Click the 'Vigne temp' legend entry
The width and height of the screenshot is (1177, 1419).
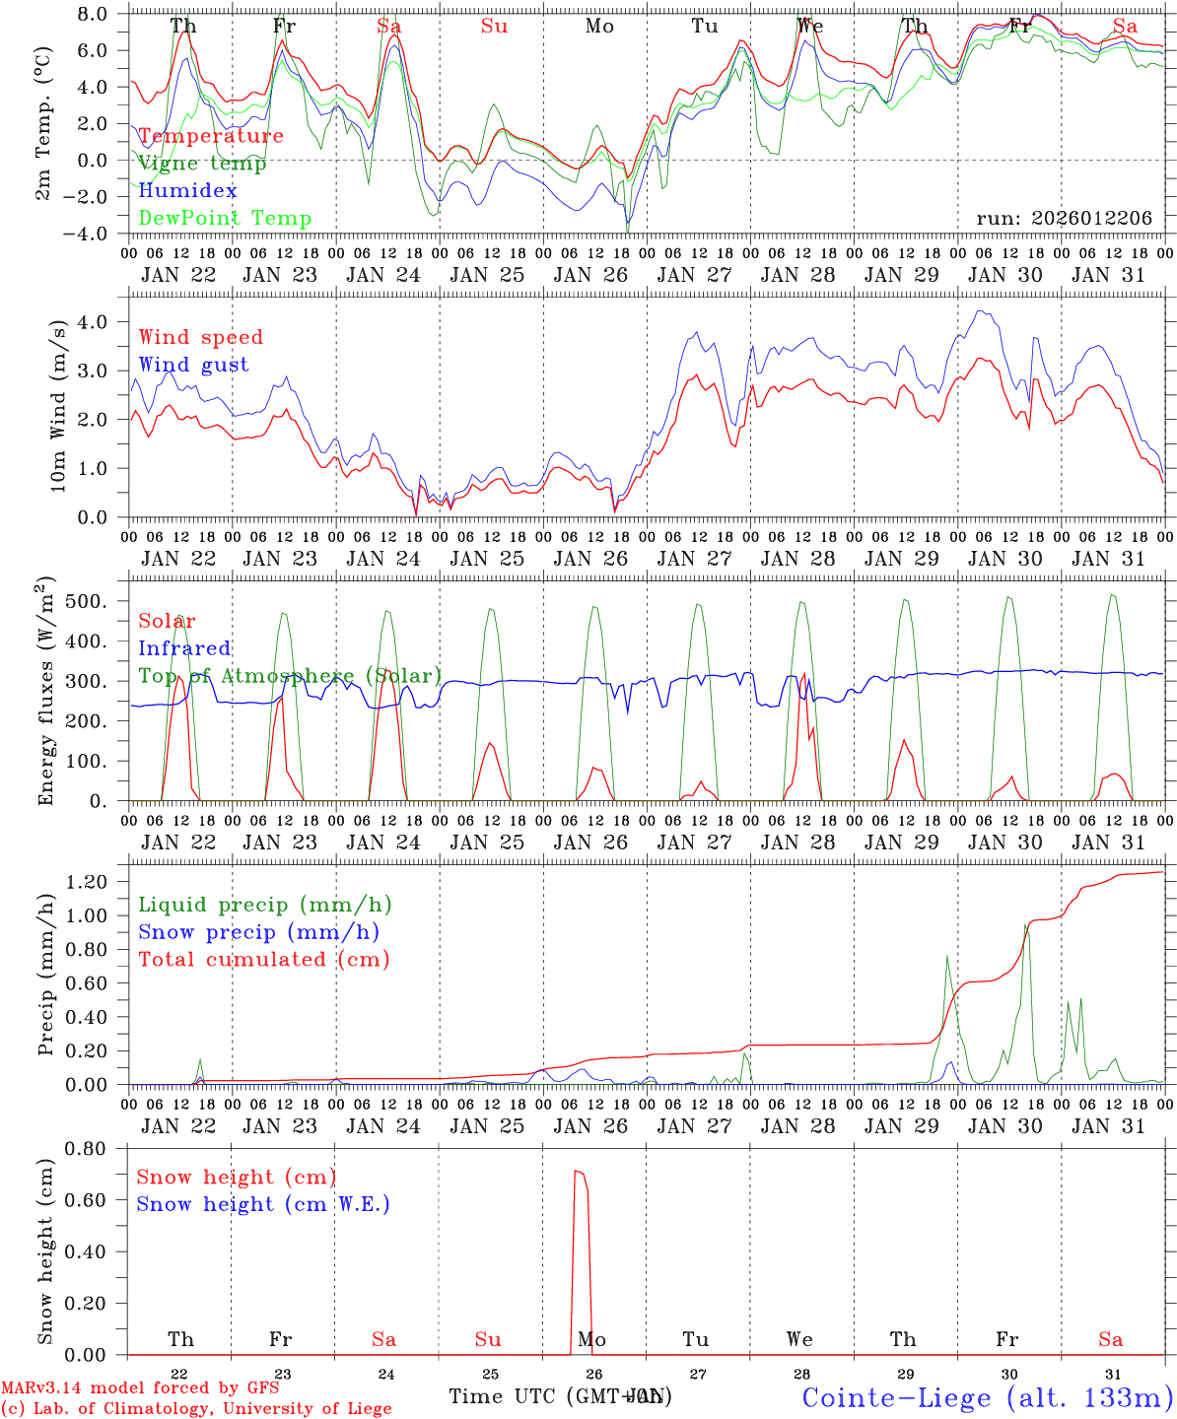point(202,164)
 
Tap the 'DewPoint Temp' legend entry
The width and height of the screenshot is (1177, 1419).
point(225,219)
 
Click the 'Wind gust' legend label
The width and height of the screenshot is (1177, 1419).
point(193,365)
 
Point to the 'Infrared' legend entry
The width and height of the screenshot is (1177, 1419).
point(184,648)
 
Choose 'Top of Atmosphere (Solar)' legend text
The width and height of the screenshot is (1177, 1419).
point(289,676)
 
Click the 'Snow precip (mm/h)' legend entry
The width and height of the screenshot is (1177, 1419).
point(258,932)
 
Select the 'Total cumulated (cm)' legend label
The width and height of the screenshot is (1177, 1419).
point(264,959)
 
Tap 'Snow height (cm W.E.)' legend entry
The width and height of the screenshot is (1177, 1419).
point(263,1204)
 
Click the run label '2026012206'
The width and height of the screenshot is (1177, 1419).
point(1064,219)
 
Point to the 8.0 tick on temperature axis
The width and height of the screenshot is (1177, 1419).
point(91,14)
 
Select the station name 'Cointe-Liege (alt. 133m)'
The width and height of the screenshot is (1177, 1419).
point(987,1397)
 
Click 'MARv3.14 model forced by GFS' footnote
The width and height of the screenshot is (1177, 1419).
point(140,1388)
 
